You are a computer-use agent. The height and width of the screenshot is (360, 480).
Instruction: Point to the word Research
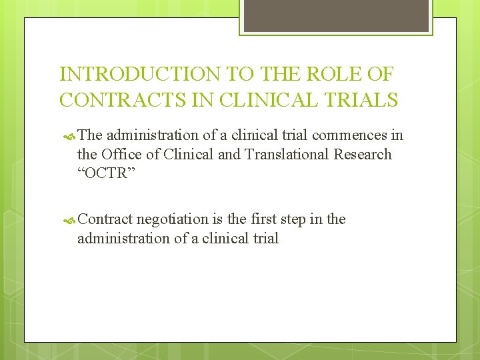click(363, 155)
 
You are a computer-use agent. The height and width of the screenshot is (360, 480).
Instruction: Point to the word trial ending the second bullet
click(264, 238)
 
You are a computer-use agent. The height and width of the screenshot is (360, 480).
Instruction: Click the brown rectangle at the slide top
click(336, 15)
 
